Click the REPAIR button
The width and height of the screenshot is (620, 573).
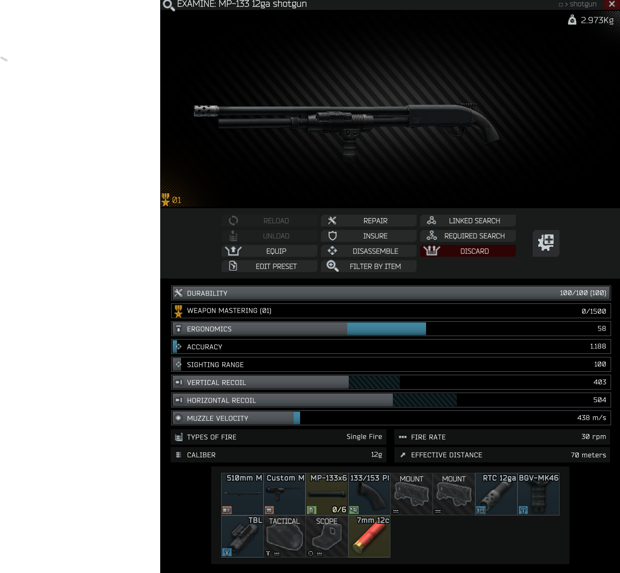pyautogui.click(x=369, y=221)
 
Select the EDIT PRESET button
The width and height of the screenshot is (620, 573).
pyautogui.click(x=269, y=266)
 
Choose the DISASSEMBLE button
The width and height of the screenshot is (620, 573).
pyautogui.click(x=369, y=251)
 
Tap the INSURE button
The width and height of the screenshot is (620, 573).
pyautogui.click(x=369, y=236)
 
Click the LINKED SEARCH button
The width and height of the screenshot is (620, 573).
pyautogui.click(x=468, y=221)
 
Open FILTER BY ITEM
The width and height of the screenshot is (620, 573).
pyautogui.click(x=369, y=266)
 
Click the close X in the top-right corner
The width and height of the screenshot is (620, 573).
pyautogui.click(x=612, y=4)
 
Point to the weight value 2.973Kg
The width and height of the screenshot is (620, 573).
pyautogui.click(x=597, y=20)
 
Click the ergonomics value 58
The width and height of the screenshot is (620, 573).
pyautogui.click(x=602, y=328)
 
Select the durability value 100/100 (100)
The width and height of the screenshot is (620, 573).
pyautogui.click(x=582, y=293)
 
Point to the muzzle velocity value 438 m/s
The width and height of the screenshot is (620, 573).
pyautogui.click(x=592, y=418)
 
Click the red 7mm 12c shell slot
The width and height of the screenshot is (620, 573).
pyautogui.click(x=369, y=536)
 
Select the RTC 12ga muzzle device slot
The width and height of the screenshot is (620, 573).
pyautogui.click(x=496, y=494)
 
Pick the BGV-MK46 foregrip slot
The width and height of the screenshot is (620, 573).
pyautogui.click(x=538, y=494)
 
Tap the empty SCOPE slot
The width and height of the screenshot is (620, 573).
pyautogui.click(x=326, y=536)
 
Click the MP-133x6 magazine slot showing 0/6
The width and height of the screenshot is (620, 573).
pyautogui.click(x=326, y=494)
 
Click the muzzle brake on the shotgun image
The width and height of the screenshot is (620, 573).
pyautogui.click(x=205, y=111)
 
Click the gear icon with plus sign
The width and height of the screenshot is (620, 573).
pyautogui.click(x=546, y=243)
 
